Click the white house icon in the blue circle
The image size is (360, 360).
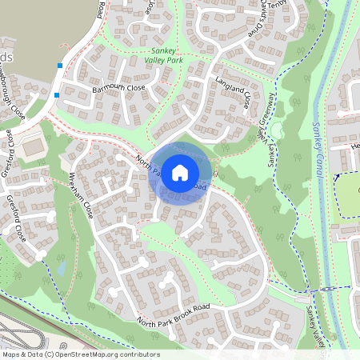180,172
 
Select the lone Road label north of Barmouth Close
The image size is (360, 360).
100,10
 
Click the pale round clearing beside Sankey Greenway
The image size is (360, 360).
278,130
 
